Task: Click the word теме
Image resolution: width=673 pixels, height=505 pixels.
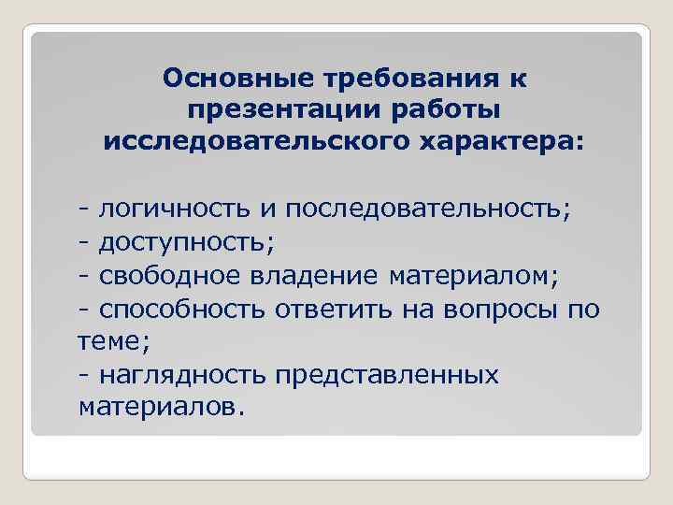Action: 110,341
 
